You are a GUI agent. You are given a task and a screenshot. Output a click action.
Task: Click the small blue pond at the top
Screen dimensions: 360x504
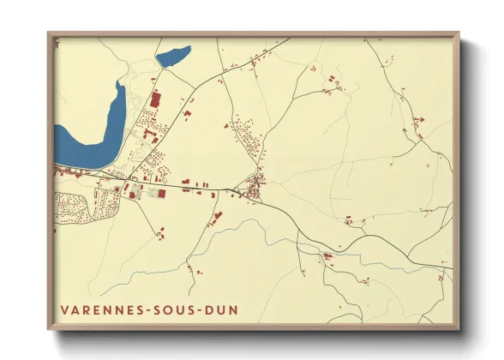coord(171,57)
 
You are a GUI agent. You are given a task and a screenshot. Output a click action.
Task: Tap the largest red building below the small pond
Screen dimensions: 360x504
coord(156,99)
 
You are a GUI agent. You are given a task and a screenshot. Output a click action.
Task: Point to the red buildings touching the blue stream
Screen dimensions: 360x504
coord(327,255)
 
